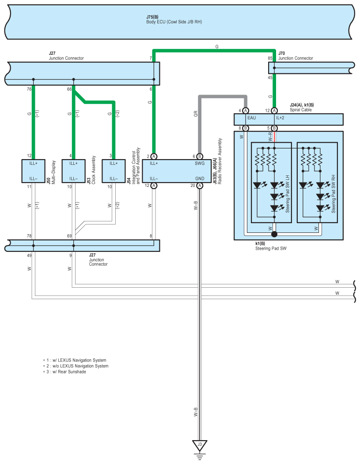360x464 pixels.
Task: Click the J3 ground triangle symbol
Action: pos(200,445)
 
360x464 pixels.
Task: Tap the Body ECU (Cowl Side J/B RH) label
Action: pos(174,22)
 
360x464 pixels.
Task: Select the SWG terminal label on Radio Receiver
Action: pos(200,164)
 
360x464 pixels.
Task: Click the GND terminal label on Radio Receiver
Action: pos(200,179)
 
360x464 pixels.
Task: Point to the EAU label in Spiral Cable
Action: pos(251,118)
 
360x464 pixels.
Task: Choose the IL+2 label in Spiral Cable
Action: pos(280,118)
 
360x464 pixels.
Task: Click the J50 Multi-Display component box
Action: pos(34,171)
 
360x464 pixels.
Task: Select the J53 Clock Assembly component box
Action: pos(74,171)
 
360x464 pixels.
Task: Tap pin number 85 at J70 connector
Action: pos(270,58)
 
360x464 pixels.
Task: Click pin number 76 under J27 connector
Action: pos(29,89)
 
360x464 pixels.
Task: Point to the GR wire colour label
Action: pos(196,114)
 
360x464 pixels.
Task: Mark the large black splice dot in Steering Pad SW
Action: pos(274,234)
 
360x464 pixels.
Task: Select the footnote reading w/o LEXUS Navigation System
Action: pos(76,366)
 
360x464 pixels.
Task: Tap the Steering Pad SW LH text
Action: pos(288,194)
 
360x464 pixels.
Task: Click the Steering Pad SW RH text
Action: pos(333,194)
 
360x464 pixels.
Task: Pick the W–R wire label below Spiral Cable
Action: pos(270,137)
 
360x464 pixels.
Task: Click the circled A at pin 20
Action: pos(200,186)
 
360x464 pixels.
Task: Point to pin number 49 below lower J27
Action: pos(29,255)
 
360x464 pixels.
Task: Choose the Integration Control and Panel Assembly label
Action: pos(136,166)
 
